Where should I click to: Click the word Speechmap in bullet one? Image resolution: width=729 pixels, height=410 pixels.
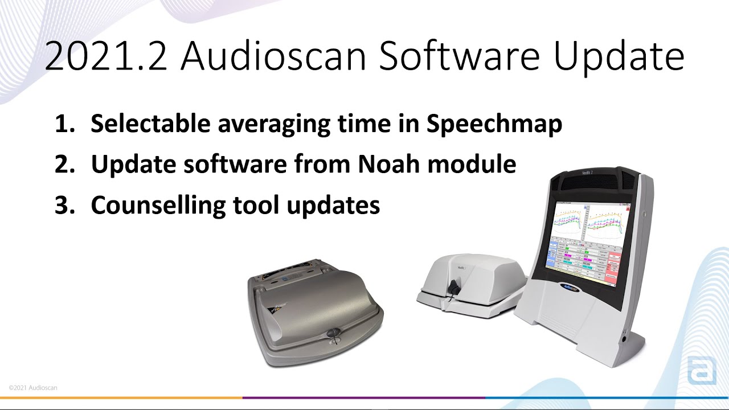494,124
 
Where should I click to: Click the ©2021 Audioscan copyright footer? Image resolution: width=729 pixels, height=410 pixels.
33,388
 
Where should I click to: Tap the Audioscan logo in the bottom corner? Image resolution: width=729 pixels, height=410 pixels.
702,371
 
